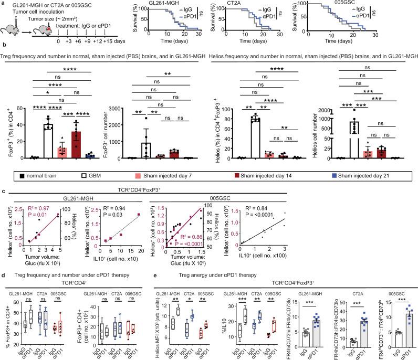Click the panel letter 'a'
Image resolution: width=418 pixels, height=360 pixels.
[x=3, y=4]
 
